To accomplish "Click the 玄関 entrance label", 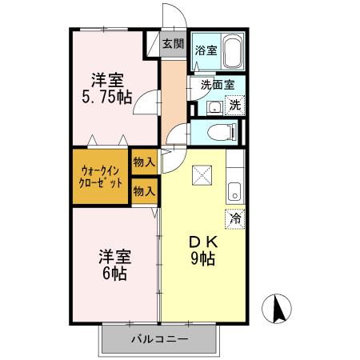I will pos(173,43).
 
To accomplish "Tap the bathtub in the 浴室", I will pos(232,52).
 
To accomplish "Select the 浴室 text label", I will pos(206,50).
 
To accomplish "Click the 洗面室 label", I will pos(217,83).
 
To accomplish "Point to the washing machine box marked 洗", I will pos(234,104).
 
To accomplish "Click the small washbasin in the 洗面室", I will pos(214,107).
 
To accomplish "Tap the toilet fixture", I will pos(221,132).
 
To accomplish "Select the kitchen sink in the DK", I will pos(234,190).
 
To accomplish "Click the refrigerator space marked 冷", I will pos(235,217).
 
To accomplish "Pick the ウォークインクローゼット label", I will pos(101,176).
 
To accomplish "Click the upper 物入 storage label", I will pos(144,162).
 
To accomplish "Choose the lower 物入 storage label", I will pos(144,191).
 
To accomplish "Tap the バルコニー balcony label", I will pos(160,339).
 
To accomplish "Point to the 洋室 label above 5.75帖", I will pos(106,79).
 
